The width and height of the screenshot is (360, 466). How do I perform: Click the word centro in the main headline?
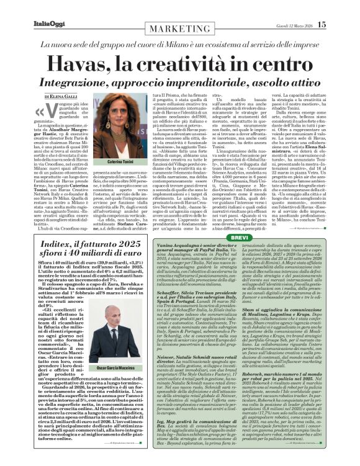284,62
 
